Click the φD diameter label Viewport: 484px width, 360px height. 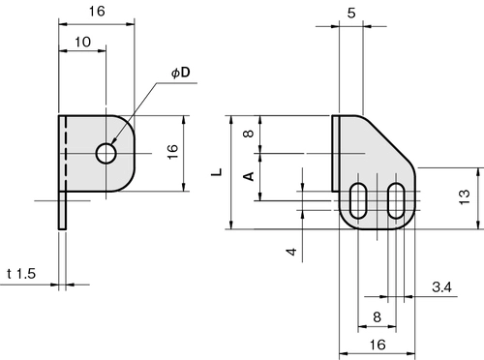[x=181, y=73]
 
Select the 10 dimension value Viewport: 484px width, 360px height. [x=83, y=42]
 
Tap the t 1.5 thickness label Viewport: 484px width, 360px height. [x=21, y=274]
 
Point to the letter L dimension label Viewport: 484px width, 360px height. [x=217, y=172]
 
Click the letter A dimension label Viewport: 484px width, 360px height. [x=249, y=176]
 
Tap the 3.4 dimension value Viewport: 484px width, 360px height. [x=442, y=286]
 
